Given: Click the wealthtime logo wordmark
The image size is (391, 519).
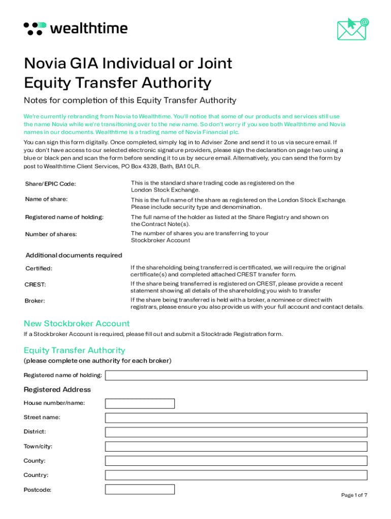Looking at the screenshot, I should [88, 28].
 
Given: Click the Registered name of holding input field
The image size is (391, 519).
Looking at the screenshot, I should [236, 375].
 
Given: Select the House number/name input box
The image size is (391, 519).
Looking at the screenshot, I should [140, 403].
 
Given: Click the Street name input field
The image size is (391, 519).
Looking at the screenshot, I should [236, 418].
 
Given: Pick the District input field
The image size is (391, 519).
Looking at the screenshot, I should [236, 432].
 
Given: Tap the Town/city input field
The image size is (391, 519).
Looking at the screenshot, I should [236, 447].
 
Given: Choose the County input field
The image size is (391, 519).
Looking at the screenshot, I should [236, 461].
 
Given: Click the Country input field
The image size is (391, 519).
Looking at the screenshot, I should [236, 475].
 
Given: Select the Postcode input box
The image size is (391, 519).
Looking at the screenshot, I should [140, 490].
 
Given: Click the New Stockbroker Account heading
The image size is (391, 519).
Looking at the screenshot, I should [77, 323].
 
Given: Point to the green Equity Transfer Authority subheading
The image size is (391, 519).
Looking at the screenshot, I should [74, 350].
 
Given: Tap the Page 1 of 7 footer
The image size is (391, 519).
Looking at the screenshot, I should [354, 495].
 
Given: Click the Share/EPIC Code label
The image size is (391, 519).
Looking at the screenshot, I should [50, 183].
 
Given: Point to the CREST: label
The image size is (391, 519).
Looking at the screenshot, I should [35, 284].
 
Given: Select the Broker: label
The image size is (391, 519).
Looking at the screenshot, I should [35, 301].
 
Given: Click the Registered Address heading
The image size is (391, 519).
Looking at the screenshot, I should [57, 389].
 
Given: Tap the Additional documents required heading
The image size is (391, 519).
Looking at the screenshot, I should [74, 255].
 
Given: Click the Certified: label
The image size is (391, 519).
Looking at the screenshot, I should [39, 268].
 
